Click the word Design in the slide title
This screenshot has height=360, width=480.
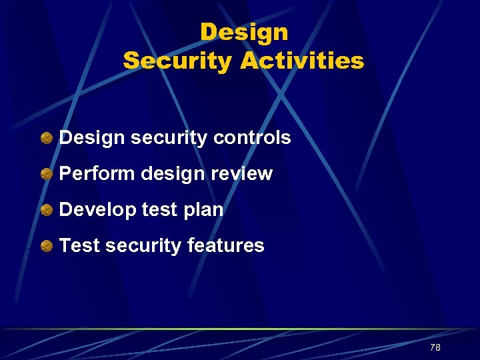click(x=244, y=31)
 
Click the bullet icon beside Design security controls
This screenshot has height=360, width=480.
click(x=46, y=139)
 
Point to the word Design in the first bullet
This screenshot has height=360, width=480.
click(x=92, y=138)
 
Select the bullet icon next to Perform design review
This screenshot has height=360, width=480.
click(x=46, y=175)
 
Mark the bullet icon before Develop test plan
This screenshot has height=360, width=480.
click(x=46, y=211)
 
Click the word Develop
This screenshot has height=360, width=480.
click(x=98, y=210)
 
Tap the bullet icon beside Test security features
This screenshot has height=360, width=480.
click(x=46, y=247)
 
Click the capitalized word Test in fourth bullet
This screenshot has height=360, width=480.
click(x=79, y=246)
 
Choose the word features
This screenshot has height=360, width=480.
click(x=225, y=246)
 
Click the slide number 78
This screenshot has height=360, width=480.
click(x=435, y=347)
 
